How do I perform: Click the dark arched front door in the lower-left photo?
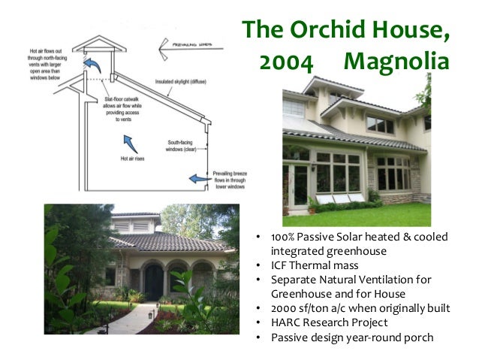pos(153,283)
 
